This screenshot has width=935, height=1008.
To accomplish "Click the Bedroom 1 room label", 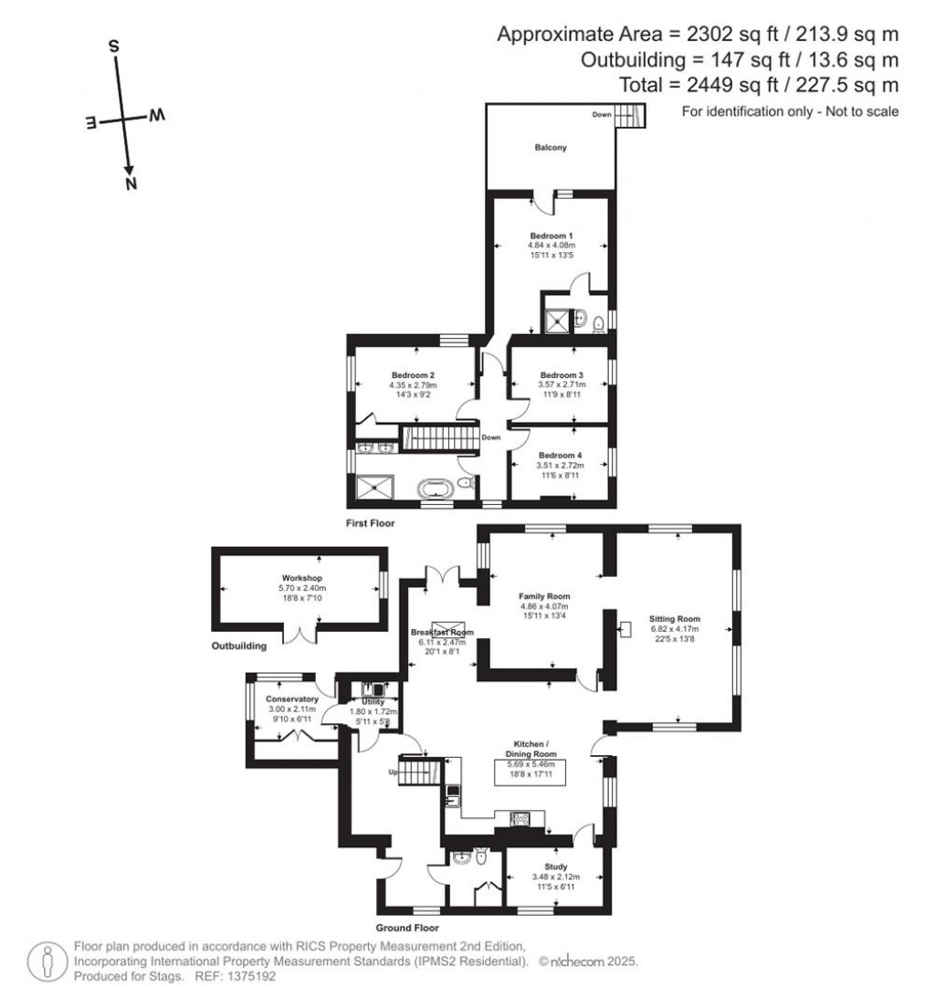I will (x=551, y=235).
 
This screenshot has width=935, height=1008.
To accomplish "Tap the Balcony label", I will (x=551, y=147).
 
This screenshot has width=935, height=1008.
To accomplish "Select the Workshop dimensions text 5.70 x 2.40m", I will (x=298, y=589).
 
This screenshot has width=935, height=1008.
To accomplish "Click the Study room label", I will (x=555, y=866).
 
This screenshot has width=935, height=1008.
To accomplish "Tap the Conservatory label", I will (x=280, y=698).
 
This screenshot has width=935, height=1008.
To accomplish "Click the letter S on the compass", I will (x=114, y=46).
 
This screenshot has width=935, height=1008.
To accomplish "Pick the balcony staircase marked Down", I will (x=627, y=115).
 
